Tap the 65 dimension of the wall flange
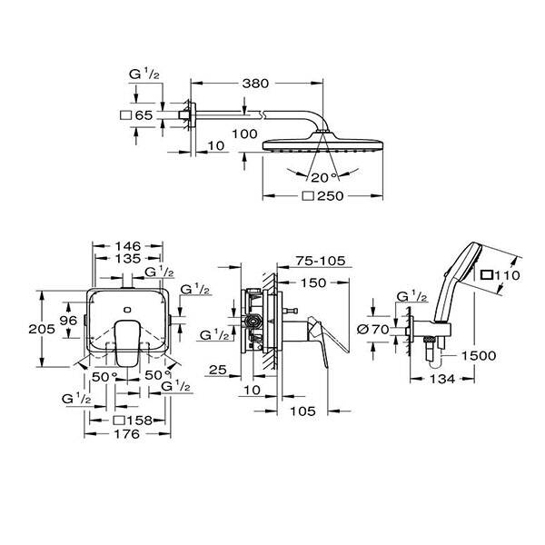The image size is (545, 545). pyautogui.click(x=142, y=115)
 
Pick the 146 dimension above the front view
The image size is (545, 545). pyautogui.click(x=127, y=245)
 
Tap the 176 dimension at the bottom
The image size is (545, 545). pyautogui.click(x=127, y=435)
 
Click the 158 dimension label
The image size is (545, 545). pyautogui.click(x=134, y=421)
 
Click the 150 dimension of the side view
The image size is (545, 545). pyautogui.click(x=313, y=282)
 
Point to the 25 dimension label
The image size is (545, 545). pyautogui.click(x=217, y=370)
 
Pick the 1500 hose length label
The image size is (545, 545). pyautogui.click(x=478, y=355)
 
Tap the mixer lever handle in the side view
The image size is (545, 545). pyautogui.click(x=327, y=337)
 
